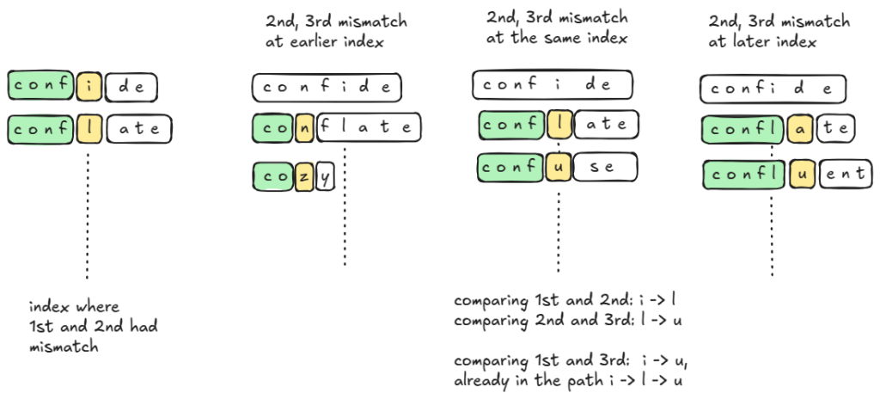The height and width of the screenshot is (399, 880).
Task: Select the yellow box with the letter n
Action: point(304,127)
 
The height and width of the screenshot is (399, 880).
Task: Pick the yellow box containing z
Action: point(303,176)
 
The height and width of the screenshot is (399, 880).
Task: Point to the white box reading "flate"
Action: point(368,127)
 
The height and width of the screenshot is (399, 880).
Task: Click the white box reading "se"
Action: point(604,167)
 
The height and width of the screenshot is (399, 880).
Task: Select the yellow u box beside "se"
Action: point(559,167)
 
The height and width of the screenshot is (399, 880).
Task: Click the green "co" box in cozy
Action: point(274,176)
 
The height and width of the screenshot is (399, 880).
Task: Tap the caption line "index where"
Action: point(74,306)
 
